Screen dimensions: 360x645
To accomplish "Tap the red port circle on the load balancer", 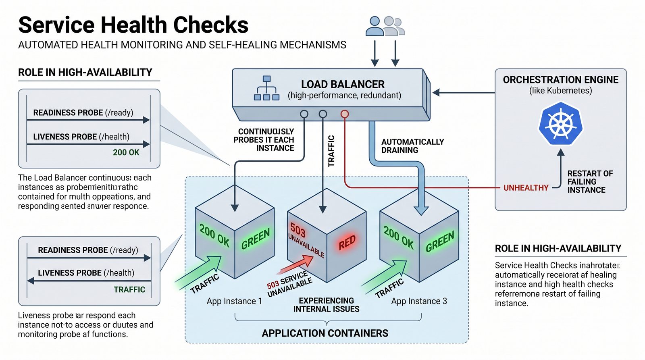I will click(x=344, y=114).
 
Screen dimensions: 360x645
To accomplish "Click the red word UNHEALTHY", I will click(x=526, y=187).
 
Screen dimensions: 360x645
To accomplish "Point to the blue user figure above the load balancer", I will click(x=375, y=27).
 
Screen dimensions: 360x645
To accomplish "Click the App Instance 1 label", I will click(x=234, y=301).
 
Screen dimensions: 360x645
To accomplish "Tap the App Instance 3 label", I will click(x=419, y=301).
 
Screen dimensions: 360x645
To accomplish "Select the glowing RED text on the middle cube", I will click(x=347, y=242).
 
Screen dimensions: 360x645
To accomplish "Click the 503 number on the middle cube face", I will click(x=298, y=231).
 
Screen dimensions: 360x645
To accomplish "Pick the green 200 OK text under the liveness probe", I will click(x=126, y=152).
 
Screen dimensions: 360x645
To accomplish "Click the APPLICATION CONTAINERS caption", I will click(x=325, y=333).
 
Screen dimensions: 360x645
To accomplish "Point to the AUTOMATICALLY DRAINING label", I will click(x=412, y=146).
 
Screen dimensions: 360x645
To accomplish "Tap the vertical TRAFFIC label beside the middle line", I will click(x=331, y=151).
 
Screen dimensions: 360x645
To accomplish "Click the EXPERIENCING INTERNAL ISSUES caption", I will click(x=326, y=305).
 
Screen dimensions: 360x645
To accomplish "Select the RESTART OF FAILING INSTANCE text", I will click(x=590, y=182).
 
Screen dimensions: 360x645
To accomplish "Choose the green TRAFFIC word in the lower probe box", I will click(x=129, y=289).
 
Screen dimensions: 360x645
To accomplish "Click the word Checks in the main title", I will click(x=211, y=25).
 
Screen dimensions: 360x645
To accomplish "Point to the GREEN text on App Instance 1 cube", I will click(x=255, y=239).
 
